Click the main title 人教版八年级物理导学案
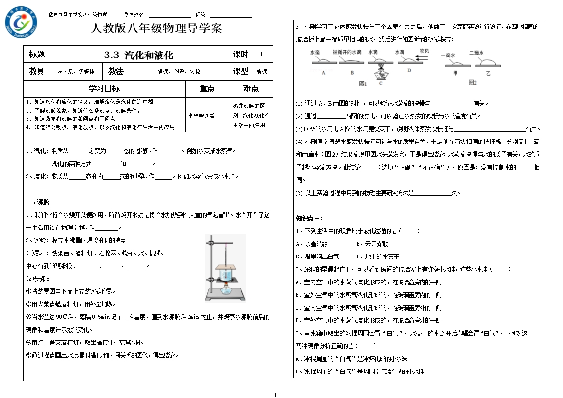coord(157,28)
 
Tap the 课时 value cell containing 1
coord(261,55)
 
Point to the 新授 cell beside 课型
coord(262,72)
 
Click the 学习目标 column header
coord(104,89)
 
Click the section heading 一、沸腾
coord(37,202)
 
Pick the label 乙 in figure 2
coord(487,72)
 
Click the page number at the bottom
coord(275,394)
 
